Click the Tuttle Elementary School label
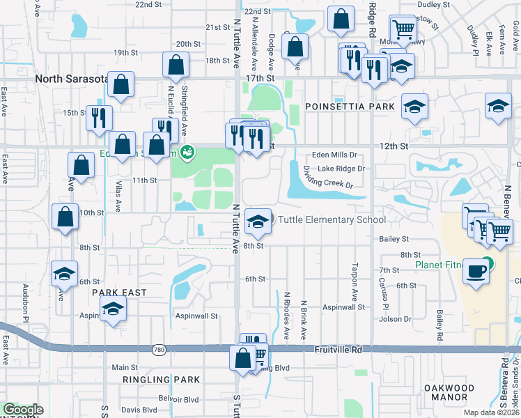point(332,220)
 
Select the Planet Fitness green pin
point(488,264)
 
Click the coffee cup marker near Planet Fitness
point(476,271)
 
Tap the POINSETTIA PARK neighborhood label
point(350,107)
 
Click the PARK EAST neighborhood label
point(120,293)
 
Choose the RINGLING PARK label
point(161,380)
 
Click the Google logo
point(23,410)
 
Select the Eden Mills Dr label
point(334,155)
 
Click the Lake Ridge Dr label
point(341,169)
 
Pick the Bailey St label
point(394,239)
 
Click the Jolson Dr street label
point(396,319)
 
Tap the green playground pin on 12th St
point(187,152)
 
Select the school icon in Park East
point(112,309)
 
